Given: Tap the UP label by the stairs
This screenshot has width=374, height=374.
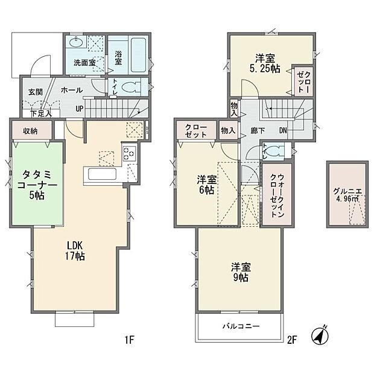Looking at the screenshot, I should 80,109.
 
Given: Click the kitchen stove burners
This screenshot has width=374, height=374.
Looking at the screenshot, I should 130,154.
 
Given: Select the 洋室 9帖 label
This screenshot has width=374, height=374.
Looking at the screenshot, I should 239,271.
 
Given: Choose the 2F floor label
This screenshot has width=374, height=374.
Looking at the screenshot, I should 292,340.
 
